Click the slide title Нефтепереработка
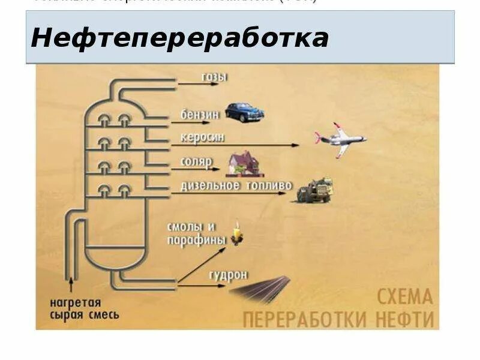tap(180, 38)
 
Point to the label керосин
tap(203, 138)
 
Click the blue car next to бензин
tap(244, 112)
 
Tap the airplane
tap(340, 140)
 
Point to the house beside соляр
tap(243, 163)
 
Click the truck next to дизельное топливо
tap(315, 189)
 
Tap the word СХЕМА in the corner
tap(405, 296)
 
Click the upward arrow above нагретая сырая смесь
tap(73, 281)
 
